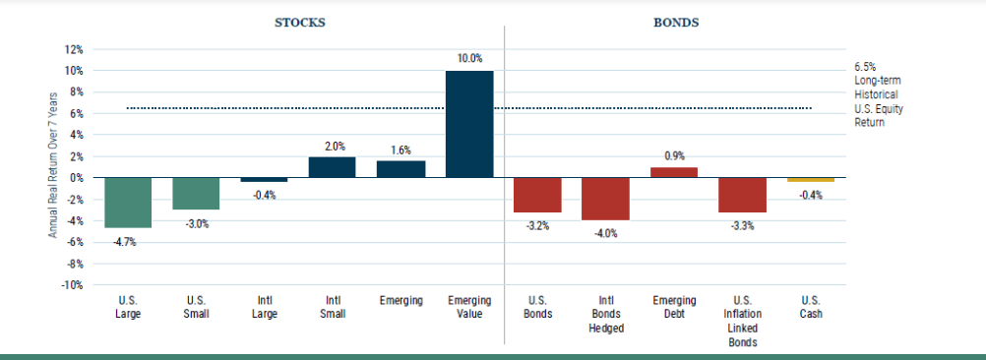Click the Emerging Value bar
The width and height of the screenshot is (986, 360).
(x=469, y=124)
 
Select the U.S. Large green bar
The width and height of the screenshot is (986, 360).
(x=128, y=203)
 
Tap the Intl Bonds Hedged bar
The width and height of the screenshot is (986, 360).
(x=605, y=199)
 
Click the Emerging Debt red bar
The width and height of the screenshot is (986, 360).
(x=673, y=172)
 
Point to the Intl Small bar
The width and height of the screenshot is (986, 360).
(x=332, y=167)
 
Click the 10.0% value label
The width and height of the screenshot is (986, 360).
(x=469, y=58)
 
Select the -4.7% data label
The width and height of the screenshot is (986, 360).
(x=125, y=242)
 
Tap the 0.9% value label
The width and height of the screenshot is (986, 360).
(x=675, y=155)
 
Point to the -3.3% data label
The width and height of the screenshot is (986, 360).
(x=742, y=225)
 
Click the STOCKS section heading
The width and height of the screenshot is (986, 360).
(x=300, y=23)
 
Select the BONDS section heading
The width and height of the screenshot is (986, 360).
(x=676, y=23)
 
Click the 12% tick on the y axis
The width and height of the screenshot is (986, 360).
(x=74, y=49)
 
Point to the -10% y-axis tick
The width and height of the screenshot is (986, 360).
(x=72, y=285)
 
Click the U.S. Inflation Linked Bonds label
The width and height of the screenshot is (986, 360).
(x=743, y=321)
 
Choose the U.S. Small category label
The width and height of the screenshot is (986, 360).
(x=197, y=307)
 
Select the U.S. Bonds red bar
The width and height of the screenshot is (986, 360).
(x=537, y=195)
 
